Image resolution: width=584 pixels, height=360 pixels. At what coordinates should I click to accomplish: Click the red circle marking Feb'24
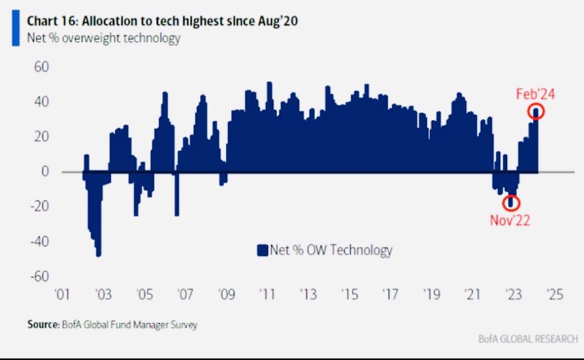(537, 111)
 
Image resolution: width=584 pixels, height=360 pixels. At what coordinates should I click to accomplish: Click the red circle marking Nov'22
(511, 202)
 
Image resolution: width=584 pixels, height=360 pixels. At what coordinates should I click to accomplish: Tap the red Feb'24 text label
(536, 94)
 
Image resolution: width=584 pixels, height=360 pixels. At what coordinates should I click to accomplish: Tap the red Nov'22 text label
(510, 220)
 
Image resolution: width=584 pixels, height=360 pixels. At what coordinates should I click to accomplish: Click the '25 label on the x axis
(556, 294)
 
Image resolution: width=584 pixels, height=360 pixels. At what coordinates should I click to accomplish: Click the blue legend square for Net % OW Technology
(262, 250)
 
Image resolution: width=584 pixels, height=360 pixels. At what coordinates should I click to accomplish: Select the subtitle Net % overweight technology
(103, 39)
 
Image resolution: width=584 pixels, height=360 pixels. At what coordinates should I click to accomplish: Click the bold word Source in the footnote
(43, 324)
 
